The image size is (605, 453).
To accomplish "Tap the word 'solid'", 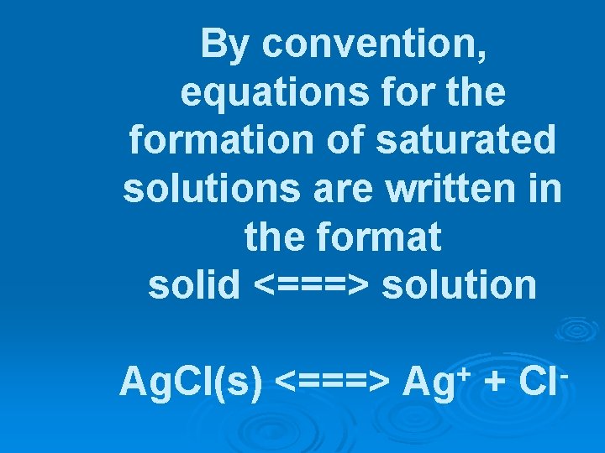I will click(x=193, y=285).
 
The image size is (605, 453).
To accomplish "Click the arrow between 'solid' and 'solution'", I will click(x=311, y=286).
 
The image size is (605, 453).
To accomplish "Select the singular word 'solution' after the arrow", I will click(x=459, y=285).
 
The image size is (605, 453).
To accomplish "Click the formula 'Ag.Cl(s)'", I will click(x=191, y=382).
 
